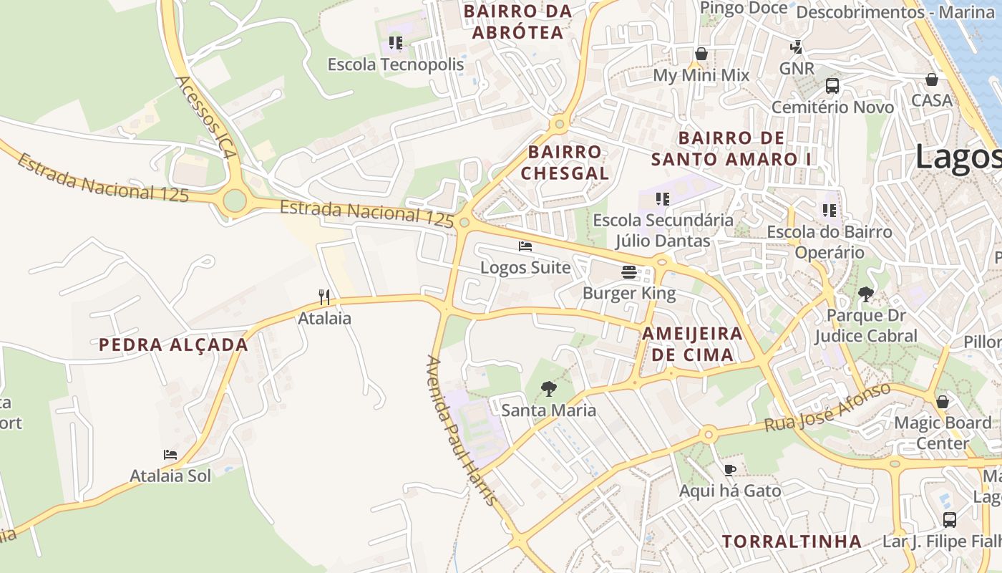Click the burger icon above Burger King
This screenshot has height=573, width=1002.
coord(629,272)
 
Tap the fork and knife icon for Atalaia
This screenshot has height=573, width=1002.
coord(324,297)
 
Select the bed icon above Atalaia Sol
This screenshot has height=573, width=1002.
coord(170,455)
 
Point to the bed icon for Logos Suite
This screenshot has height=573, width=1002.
coord(525,246)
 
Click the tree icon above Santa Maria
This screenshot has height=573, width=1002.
coord(549,389)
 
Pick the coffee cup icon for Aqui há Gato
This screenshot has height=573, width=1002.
coord(729,470)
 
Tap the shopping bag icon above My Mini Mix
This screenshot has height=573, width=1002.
coord(701,54)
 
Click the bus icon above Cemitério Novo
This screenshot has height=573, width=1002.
coord(832,86)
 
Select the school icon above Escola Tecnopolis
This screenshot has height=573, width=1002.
coord(396,43)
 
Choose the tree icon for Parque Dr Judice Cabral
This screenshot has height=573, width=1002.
coord(866,294)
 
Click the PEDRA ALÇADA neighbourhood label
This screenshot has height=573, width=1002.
coord(173,345)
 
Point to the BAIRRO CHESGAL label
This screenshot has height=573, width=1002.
coord(565,163)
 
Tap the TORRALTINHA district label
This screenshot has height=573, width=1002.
coord(792,541)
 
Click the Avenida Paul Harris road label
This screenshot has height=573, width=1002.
coord(461,430)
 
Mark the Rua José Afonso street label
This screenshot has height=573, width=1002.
coord(828,408)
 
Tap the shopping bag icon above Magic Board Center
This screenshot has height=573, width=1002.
coord(943,401)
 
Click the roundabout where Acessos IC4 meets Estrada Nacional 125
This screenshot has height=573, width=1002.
coord(235,201)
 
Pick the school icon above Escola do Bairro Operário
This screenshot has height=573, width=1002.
coord(830,211)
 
